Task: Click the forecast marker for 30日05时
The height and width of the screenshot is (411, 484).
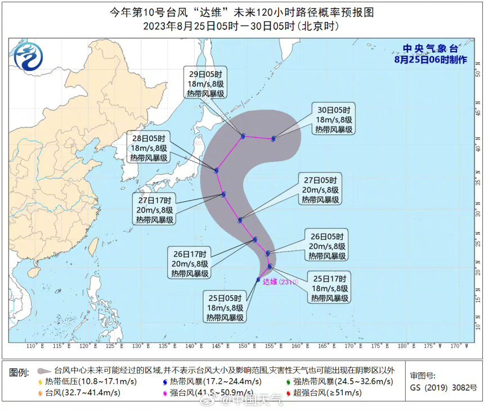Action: tap(274, 138)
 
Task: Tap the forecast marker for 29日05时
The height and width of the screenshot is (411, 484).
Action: tap(243, 136)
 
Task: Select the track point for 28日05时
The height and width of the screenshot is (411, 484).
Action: tap(216, 170)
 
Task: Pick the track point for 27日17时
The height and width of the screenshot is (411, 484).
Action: tap(223, 195)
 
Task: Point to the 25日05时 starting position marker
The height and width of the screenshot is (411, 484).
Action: tap(258, 279)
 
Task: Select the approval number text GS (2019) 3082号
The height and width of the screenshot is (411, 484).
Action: tap(443, 387)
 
